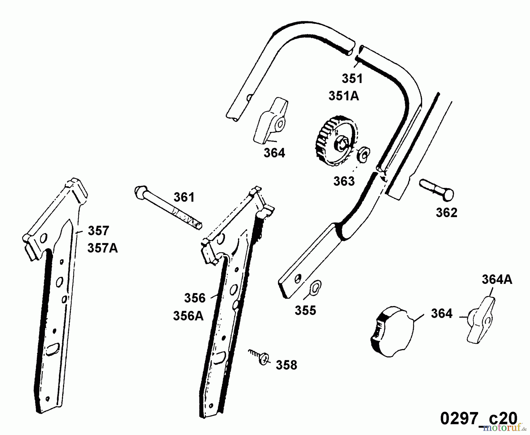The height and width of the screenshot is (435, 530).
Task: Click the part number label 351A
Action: coord(344,96)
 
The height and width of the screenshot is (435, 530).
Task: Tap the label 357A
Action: coord(102,248)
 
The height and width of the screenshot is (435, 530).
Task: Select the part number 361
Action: coord(184,197)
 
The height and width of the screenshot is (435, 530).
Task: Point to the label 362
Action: coord(446,213)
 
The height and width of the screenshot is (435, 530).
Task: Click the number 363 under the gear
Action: coord(344,181)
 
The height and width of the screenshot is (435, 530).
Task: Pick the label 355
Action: coord(305,310)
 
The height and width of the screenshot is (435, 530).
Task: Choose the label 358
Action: coord(286,365)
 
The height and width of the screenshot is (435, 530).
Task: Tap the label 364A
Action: coord(497,280)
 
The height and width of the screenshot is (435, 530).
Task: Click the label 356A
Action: coord(188,316)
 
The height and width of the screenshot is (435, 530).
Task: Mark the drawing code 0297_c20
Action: coord(478,418)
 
